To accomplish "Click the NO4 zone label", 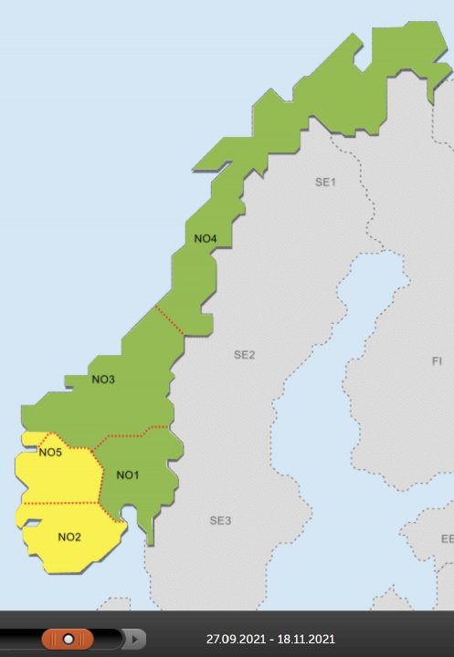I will (206, 239).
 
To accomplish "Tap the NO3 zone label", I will (103, 379).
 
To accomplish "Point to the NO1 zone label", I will (128, 474).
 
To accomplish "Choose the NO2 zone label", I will (69, 537).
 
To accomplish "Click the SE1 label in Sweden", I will (326, 182).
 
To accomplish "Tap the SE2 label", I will (244, 354).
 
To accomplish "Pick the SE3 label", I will (220, 521).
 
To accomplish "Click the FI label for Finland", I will (437, 361).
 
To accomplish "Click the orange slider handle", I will (67, 639).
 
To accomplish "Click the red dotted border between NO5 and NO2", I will (59, 503).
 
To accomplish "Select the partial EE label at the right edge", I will (447, 539).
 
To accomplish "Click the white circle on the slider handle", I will (69, 639).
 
